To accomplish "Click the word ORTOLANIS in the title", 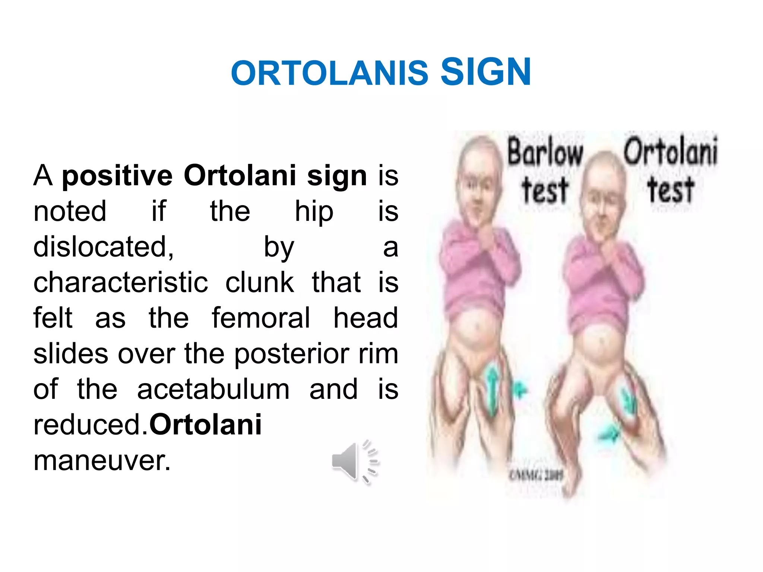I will pos(329,73).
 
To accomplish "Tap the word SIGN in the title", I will pos(485,72).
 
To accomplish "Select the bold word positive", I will pos(117,176).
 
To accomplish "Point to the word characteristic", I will pos(120,282).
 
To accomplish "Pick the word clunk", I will pos(259,282).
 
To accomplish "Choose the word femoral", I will pos(261,318).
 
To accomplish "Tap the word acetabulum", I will pos(213,390).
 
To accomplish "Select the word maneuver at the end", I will pos(102,461).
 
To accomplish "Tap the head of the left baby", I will pos(479,179).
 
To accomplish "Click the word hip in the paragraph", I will pos(314,212).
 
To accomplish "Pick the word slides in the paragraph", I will pos(71,354).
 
